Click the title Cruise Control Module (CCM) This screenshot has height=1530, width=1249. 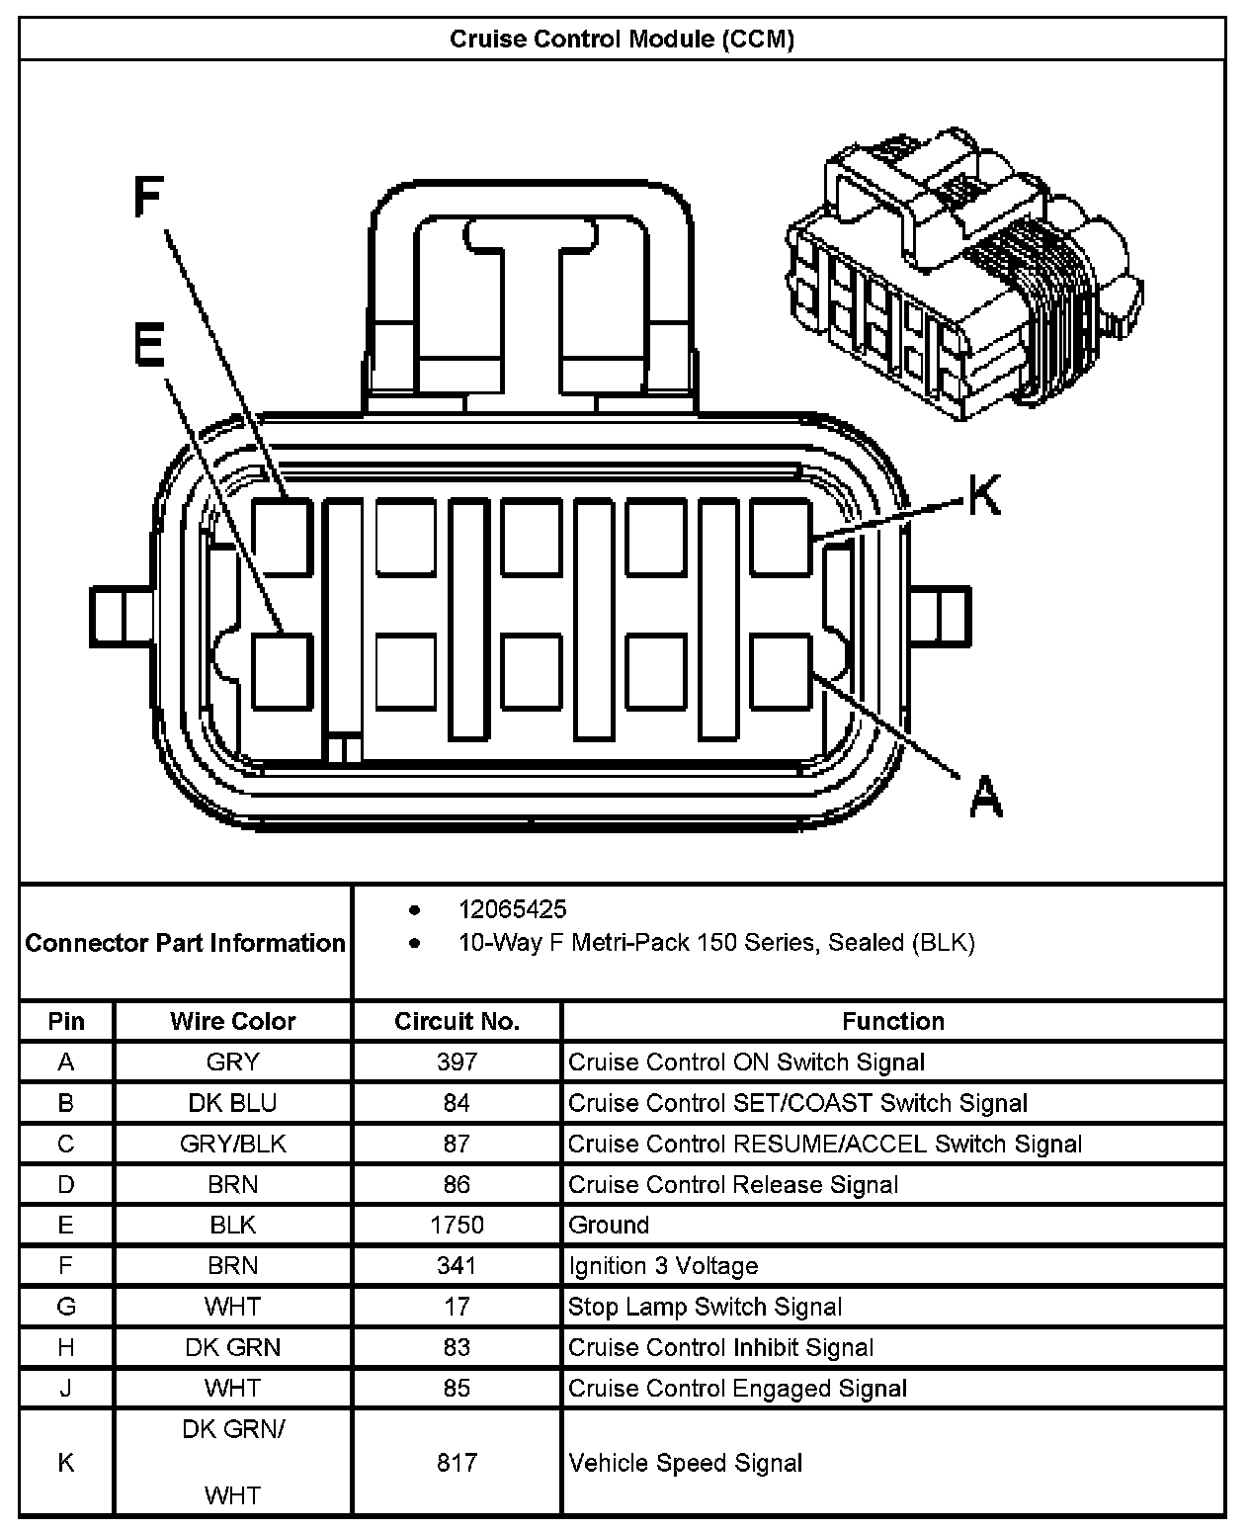click(x=622, y=40)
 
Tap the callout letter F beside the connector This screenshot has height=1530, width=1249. click(x=148, y=197)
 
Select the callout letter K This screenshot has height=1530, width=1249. click(x=983, y=495)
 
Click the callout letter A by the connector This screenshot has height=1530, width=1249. click(x=985, y=796)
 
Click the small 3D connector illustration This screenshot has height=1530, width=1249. click(x=963, y=277)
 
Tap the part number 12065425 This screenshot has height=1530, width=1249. click(x=512, y=909)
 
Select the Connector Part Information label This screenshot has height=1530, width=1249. click(x=186, y=943)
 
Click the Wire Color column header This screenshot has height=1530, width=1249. click(x=233, y=1021)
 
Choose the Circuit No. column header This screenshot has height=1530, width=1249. click(x=457, y=1021)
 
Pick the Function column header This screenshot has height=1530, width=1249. click(x=893, y=1021)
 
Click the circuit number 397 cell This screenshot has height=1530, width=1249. click(x=457, y=1062)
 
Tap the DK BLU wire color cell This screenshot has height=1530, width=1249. click(x=233, y=1103)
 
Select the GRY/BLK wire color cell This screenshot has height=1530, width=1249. click(x=233, y=1144)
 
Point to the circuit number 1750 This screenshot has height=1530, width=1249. click(x=457, y=1226)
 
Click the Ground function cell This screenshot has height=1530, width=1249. click(x=609, y=1226)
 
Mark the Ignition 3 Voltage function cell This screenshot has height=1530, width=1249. click(x=663, y=1266)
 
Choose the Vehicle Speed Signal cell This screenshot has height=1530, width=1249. click(x=685, y=1463)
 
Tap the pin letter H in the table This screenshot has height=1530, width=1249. click(x=66, y=1347)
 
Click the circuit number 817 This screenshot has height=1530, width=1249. click(x=457, y=1463)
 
